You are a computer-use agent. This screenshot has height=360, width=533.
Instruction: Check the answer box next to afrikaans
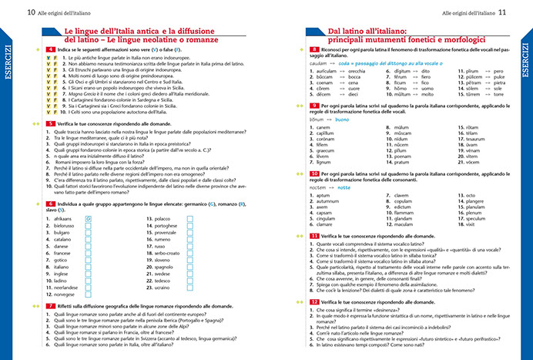[89, 219]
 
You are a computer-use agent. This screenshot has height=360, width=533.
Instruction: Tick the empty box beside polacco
[190, 219]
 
